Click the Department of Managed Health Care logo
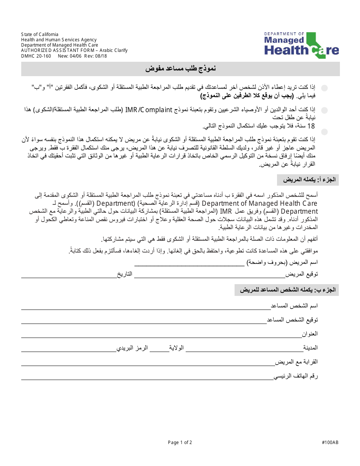pyautogui.click(x=301, y=45)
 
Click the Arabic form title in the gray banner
pyautogui.click(x=181, y=69)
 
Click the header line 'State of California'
pyautogui.click(x=40, y=34)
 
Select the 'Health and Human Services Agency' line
pyautogui.click(x=59, y=40)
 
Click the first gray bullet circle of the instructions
pyautogui.click(x=324, y=88)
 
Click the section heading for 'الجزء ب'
pyautogui.click(x=286, y=290)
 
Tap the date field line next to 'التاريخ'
pyautogui.click(x=68, y=277)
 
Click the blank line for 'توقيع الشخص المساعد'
pyautogui.click(x=144, y=323)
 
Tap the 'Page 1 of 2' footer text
pyautogui.click(x=180, y=442)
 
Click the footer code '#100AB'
pyautogui.click(x=330, y=442)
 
